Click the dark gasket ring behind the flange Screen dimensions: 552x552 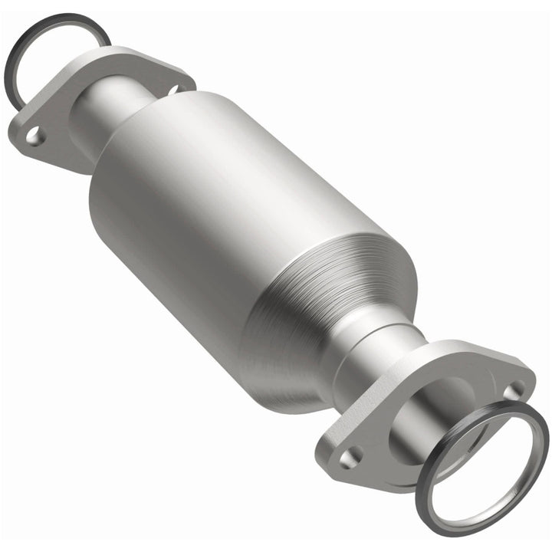[23, 46]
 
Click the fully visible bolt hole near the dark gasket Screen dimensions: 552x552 [34, 137]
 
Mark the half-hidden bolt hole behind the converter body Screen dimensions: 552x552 [176, 90]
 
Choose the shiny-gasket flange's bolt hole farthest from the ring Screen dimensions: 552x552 [350, 457]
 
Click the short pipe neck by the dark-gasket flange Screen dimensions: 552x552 [115, 115]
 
